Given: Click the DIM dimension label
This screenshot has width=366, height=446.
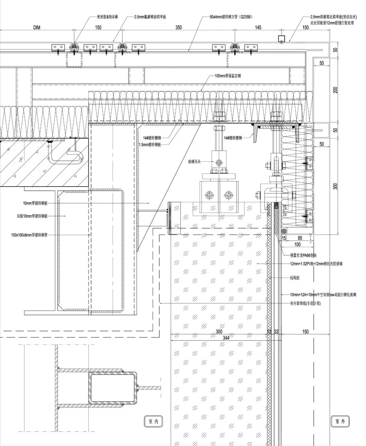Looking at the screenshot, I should point(37,27).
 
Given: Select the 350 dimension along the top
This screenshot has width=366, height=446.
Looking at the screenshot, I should point(179,27).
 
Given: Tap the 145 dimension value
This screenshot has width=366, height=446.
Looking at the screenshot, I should point(258,27).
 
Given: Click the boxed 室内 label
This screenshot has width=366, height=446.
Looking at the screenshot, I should point(151,421).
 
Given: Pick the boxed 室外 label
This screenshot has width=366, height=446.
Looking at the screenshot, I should point(340,421).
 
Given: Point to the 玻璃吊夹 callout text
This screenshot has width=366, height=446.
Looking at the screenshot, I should point(194,162).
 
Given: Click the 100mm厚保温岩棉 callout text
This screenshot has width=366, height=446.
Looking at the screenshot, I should point(228,76).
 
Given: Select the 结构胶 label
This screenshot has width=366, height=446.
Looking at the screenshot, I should point(295,278).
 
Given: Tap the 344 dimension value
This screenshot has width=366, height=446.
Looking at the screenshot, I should point(226,338).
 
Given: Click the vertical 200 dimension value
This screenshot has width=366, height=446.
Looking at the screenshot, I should point(335,90).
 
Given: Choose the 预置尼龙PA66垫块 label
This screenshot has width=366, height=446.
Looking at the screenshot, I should point(305,255).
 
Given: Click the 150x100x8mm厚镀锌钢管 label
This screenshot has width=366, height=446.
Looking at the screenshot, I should point(29,234).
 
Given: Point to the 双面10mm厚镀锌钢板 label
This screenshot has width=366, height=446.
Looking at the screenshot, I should point(32,216).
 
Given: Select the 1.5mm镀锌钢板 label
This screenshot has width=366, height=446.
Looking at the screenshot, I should point(150,144).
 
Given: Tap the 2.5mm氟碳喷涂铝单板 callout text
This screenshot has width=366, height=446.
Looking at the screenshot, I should point(150,16).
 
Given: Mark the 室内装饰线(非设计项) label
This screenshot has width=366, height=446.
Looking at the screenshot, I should point(305,303).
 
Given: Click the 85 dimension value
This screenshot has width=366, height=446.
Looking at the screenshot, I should point(300,238).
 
